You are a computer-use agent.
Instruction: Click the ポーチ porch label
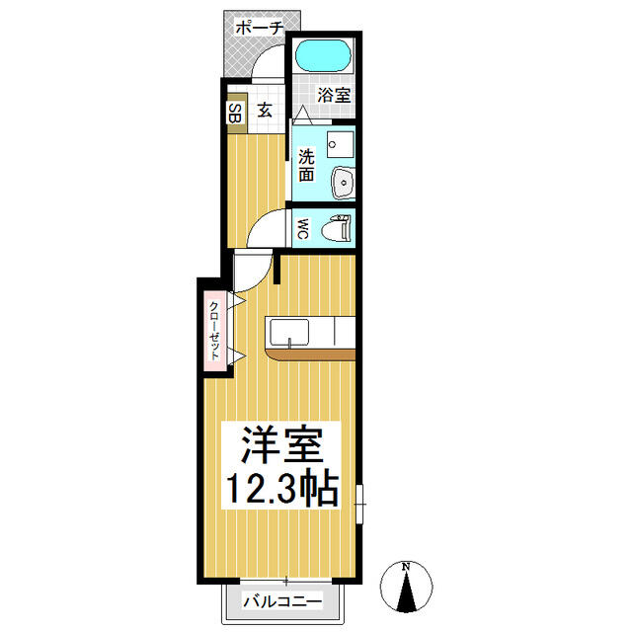pos(259,29)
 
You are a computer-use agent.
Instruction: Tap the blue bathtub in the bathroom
pos(323,56)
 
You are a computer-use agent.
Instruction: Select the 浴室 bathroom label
pos(334,95)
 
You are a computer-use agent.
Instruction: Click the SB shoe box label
pos(235,113)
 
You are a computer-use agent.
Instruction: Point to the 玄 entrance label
pos(265,110)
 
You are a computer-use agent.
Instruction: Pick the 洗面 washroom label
pos(306,165)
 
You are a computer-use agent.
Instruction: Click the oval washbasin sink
pos(343,183)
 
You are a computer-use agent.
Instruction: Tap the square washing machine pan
pos(340,145)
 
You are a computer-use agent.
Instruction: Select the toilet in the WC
pos(336,228)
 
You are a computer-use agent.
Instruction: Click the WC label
pos(304,228)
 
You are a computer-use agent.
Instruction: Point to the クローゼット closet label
pos(214,331)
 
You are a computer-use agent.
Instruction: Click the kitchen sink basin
pos(289,332)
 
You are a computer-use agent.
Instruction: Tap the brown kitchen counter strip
pos(310,355)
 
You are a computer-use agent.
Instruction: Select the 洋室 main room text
pos(281,444)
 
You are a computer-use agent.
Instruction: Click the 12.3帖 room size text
pos(281,488)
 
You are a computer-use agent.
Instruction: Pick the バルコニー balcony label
pos(282,602)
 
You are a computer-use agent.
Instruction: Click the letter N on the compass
pos(406,567)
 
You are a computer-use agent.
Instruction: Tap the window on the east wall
pos(359,505)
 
